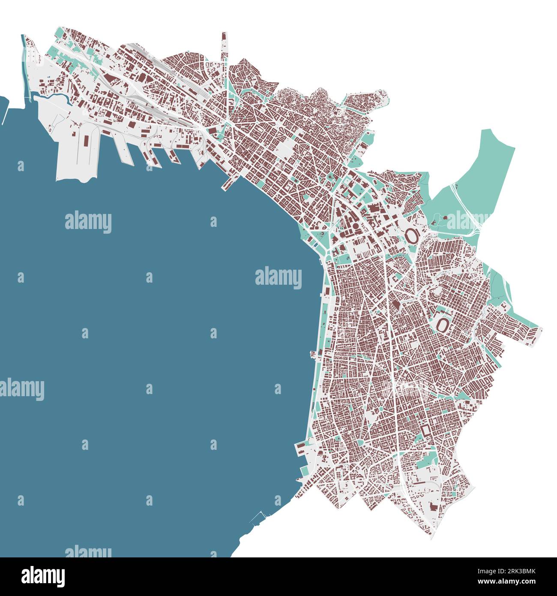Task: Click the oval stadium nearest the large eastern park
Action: click(410, 235)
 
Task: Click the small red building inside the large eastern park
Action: click(444, 217)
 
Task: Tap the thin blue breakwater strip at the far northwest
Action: click(24, 64)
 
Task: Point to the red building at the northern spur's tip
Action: click(224, 36)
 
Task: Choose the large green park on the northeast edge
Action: click(476, 180)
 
